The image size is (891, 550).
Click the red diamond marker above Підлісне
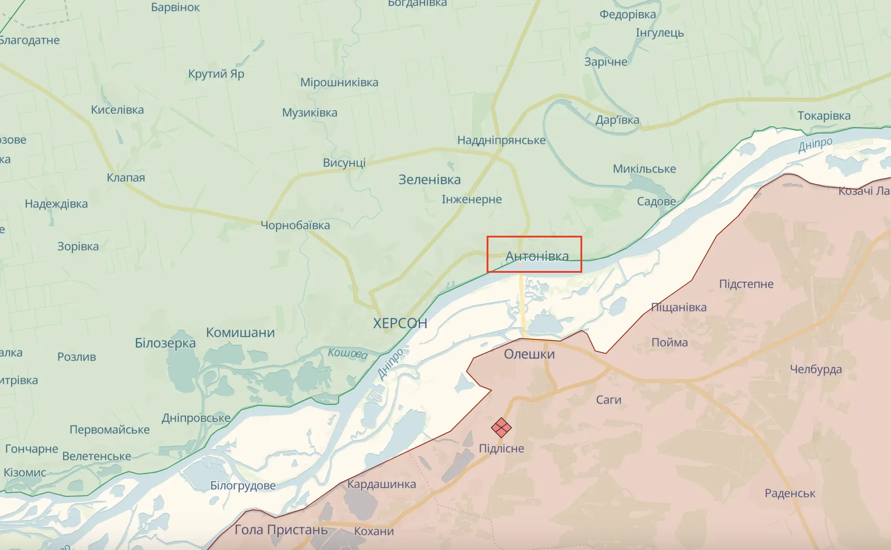point(501,428)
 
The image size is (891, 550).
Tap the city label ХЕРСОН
point(400,323)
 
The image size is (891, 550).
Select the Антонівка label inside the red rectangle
point(537,256)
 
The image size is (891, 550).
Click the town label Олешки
point(529,354)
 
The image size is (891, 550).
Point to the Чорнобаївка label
point(295,225)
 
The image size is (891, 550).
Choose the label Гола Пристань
point(281,530)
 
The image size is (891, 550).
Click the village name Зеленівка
point(429,179)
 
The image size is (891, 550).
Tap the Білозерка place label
point(165,343)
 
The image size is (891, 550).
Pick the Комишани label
point(240,333)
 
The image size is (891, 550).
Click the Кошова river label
point(348,353)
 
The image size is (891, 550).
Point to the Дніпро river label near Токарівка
point(815,144)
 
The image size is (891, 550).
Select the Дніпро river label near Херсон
point(390,364)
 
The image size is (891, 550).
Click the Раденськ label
point(790,493)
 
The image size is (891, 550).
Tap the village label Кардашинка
point(382,484)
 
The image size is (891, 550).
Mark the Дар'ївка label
point(617,120)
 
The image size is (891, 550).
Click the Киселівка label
point(118,110)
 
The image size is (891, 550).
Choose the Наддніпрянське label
point(501,140)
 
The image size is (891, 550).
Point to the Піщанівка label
point(679,307)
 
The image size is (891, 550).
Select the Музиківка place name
point(310,112)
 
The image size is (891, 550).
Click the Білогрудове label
point(243,485)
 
